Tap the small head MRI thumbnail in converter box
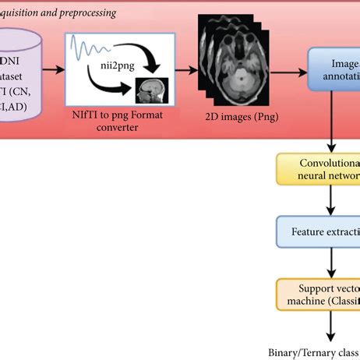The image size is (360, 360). (x=149, y=92)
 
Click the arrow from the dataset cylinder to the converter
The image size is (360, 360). (x=53, y=69)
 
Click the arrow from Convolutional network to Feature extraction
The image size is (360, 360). (x=333, y=201)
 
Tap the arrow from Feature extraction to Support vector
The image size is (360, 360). (x=333, y=261)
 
